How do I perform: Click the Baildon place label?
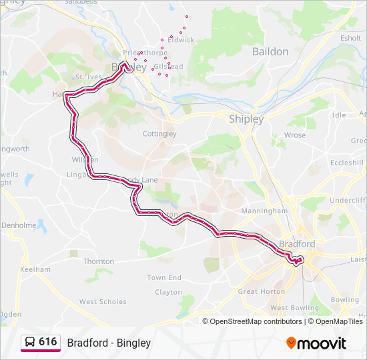pyautogui.click(x=270, y=51)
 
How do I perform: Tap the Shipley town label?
pyautogui.click(x=246, y=119)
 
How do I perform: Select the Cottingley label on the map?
pyautogui.click(x=159, y=134)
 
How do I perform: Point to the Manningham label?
pyautogui.click(x=265, y=211)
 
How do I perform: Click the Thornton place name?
pyautogui.click(x=99, y=261)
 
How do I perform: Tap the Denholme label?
pyautogui.click(x=18, y=225)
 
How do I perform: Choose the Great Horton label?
pyautogui.click(x=262, y=291)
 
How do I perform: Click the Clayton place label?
pyautogui.click(x=168, y=292)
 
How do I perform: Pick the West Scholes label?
pyautogui.click(x=103, y=302)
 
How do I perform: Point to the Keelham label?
pyautogui.click(x=35, y=269)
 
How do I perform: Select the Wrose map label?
pyautogui.click(x=294, y=135)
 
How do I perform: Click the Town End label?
pyautogui.click(x=164, y=277)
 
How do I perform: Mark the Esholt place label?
pyautogui.click(x=350, y=39)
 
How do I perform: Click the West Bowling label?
pyautogui.click(x=294, y=308)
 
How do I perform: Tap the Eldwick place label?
pyautogui.click(x=181, y=40)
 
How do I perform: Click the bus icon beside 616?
pyautogui.click(x=29, y=343)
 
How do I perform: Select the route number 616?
pyautogui.click(x=47, y=342)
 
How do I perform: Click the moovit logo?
pyautogui.click(x=316, y=343)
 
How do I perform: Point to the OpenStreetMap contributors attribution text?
pyautogui.click(x=256, y=321)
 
